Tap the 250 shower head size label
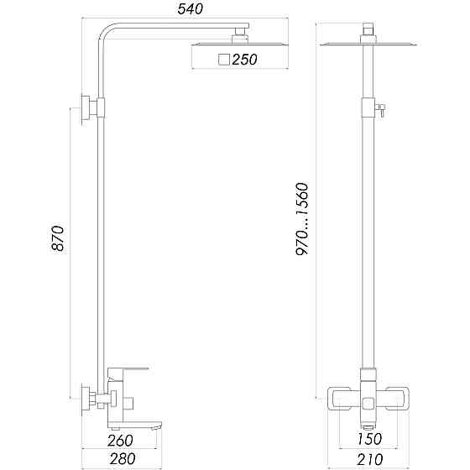pos(244,60)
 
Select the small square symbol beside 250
pos(223,60)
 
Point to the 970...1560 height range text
pos(303,219)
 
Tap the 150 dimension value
pos(368,438)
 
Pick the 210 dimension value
pos(368,459)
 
